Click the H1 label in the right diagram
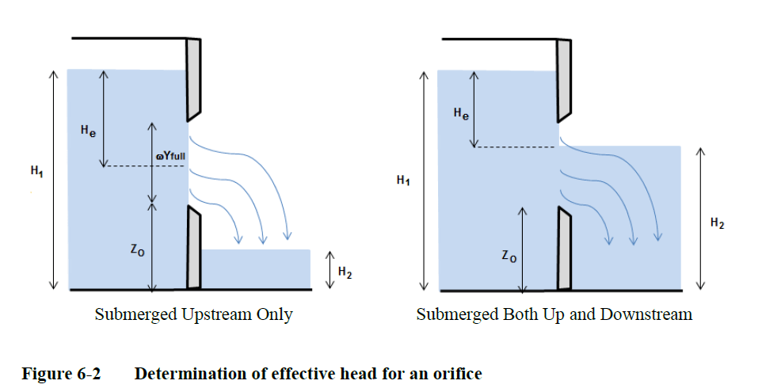[x=404, y=181]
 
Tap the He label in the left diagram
[x=89, y=131]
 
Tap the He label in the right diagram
[x=461, y=115]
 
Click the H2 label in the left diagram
[x=345, y=272]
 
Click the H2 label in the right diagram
[x=717, y=224]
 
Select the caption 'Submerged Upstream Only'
[x=193, y=314]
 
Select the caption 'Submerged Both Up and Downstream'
[x=554, y=314]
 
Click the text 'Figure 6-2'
[x=61, y=373]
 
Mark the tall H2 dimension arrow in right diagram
[x=699, y=217]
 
